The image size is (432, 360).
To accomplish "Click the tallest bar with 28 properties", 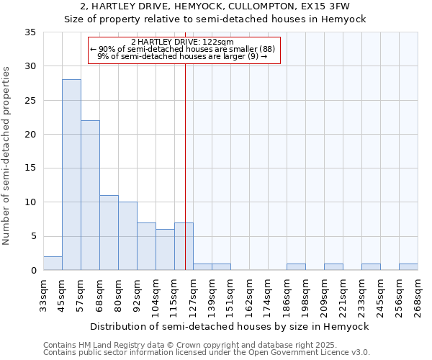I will tap(71, 175).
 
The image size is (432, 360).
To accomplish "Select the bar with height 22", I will tap(90, 195).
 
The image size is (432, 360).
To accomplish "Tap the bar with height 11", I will tap(109, 233).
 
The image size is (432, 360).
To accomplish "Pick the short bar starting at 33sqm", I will tap(53, 264).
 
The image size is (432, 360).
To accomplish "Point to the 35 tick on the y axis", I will tap(30, 32).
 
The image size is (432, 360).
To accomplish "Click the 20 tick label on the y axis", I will tap(30, 135).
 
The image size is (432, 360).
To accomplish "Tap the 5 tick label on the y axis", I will tap(33, 236).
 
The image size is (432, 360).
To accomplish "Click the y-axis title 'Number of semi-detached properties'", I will tap(6, 156).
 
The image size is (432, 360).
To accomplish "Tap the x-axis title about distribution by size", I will tap(230, 326).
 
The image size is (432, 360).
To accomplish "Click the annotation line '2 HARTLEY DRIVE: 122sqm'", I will tap(183, 42).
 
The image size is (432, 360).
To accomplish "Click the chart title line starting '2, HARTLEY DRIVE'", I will tap(215, 6).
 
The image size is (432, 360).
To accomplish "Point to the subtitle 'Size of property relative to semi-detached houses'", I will tap(215, 19).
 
